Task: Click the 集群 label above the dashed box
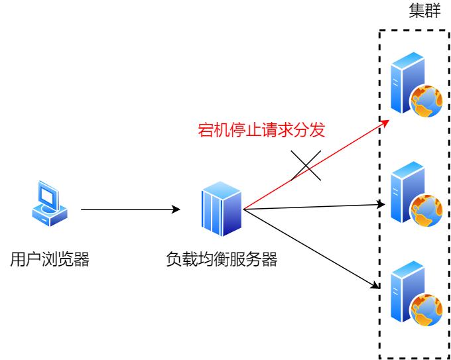click(424, 13)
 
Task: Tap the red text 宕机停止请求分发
click(262, 130)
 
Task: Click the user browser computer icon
click(49, 204)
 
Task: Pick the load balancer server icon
click(221, 211)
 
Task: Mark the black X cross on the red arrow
click(306, 164)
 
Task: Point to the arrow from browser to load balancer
click(129, 210)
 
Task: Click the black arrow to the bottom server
click(312, 249)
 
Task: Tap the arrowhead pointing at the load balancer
click(176, 210)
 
